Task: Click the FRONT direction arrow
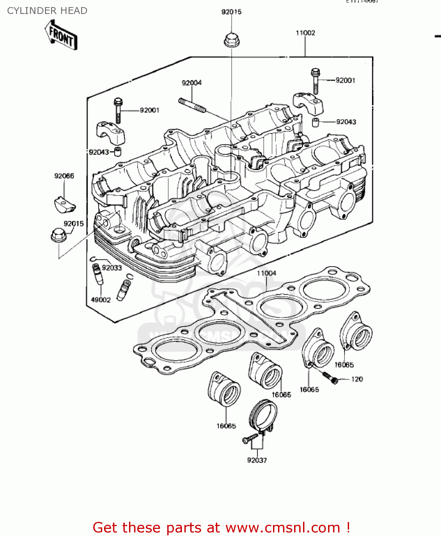click(x=61, y=35)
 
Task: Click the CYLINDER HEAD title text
click(x=47, y=11)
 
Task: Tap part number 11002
click(x=305, y=33)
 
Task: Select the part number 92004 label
click(x=192, y=83)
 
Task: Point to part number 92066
click(x=64, y=176)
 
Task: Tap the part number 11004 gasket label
click(x=267, y=273)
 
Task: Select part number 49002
click(x=101, y=300)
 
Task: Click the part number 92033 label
click(x=112, y=268)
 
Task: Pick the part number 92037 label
click(x=257, y=460)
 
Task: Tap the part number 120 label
click(x=357, y=379)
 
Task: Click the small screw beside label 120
click(x=330, y=377)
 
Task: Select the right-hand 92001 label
click(x=345, y=80)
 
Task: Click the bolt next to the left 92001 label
click(x=118, y=110)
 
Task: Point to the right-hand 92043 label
click(x=346, y=122)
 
